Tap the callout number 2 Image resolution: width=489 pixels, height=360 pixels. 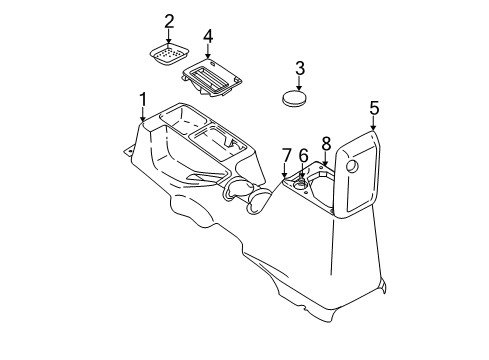click(169, 20)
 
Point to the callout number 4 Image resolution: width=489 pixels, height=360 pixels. click(208, 37)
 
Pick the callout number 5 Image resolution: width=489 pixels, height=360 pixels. click(374, 107)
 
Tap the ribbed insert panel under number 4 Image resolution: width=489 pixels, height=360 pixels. click(212, 74)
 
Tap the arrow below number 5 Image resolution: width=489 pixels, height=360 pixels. click(374, 123)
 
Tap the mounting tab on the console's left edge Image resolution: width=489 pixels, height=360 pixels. click(127, 153)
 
